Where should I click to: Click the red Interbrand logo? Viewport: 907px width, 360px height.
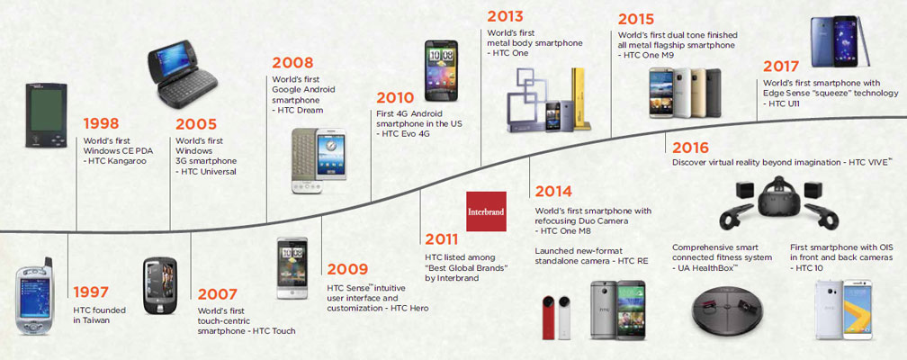(x=487, y=211)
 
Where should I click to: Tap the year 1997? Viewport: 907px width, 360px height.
(x=91, y=292)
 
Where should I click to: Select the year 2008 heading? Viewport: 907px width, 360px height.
(x=292, y=62)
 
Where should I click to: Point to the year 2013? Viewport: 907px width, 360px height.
(x=505, y=15)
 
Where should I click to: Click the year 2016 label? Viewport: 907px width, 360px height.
(x=690, y=148)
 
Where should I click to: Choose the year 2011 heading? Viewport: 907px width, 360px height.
(x=441, y=239)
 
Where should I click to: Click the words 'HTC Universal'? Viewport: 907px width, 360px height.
(x=207, y=172)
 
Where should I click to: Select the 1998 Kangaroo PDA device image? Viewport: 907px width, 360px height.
(x=46, y=115)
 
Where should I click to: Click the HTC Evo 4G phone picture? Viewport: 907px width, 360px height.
(x=441, y=70)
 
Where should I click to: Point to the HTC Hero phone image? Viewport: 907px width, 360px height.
(x=292, y=267)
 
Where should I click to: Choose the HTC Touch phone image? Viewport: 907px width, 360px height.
(x=159, y=285)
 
